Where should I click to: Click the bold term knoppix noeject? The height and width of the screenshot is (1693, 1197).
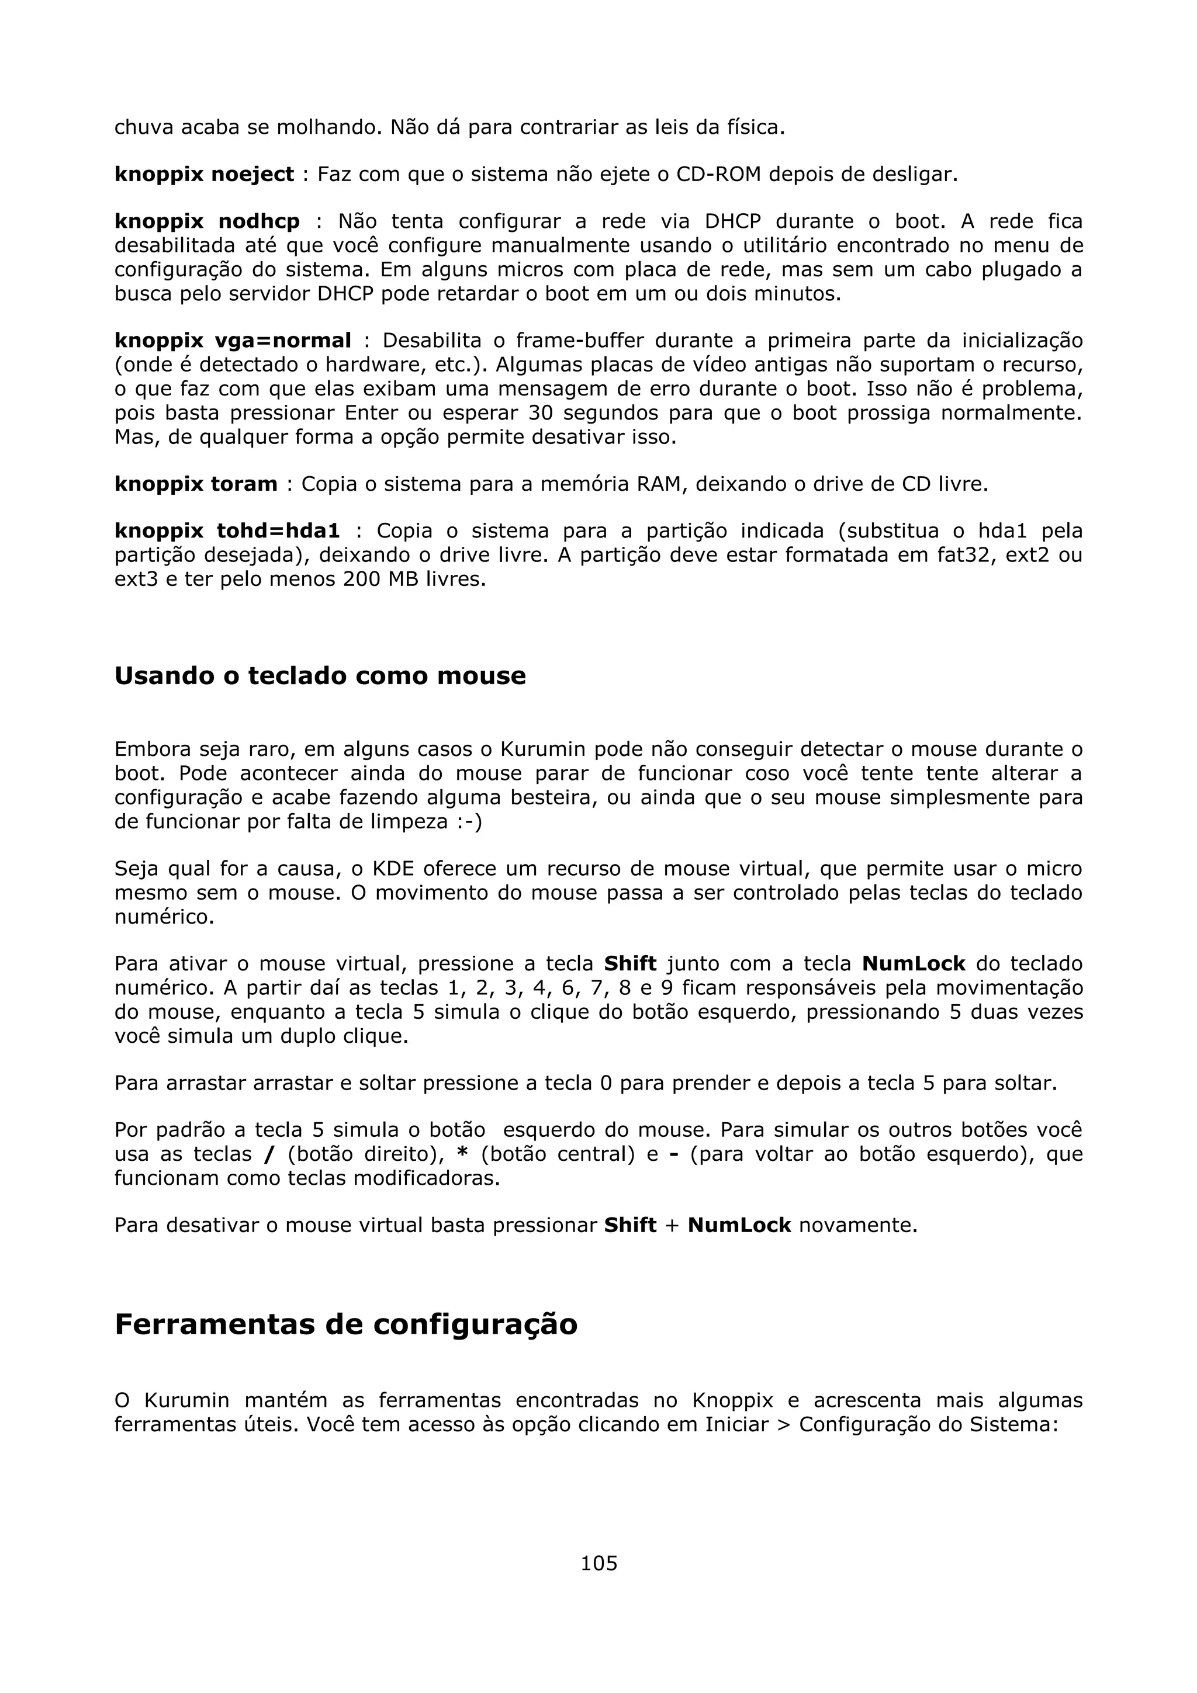pyautogui.click(x=205, y=175)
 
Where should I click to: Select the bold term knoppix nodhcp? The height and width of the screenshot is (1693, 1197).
pyautogui.click(x=207, y=221)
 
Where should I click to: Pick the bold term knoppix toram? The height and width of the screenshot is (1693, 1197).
pyautogui.click(x=196, y=484)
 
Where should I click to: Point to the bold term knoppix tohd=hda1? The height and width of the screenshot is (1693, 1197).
pyautogui.click(x=227, y=531)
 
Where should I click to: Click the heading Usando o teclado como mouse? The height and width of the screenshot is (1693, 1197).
pyautogui.click(x=320, y=675)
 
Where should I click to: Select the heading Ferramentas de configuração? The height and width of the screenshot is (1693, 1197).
pyautogui.click(x=346, y=1324)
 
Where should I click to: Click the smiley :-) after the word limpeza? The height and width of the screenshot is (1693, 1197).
pyautogui.click(x=469, y=822)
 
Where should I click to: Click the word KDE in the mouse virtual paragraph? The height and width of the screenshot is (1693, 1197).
pyautogui.click(x=394, y=869)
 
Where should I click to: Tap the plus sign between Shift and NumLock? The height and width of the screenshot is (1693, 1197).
pyautogui.click(x=672, y=1226)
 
